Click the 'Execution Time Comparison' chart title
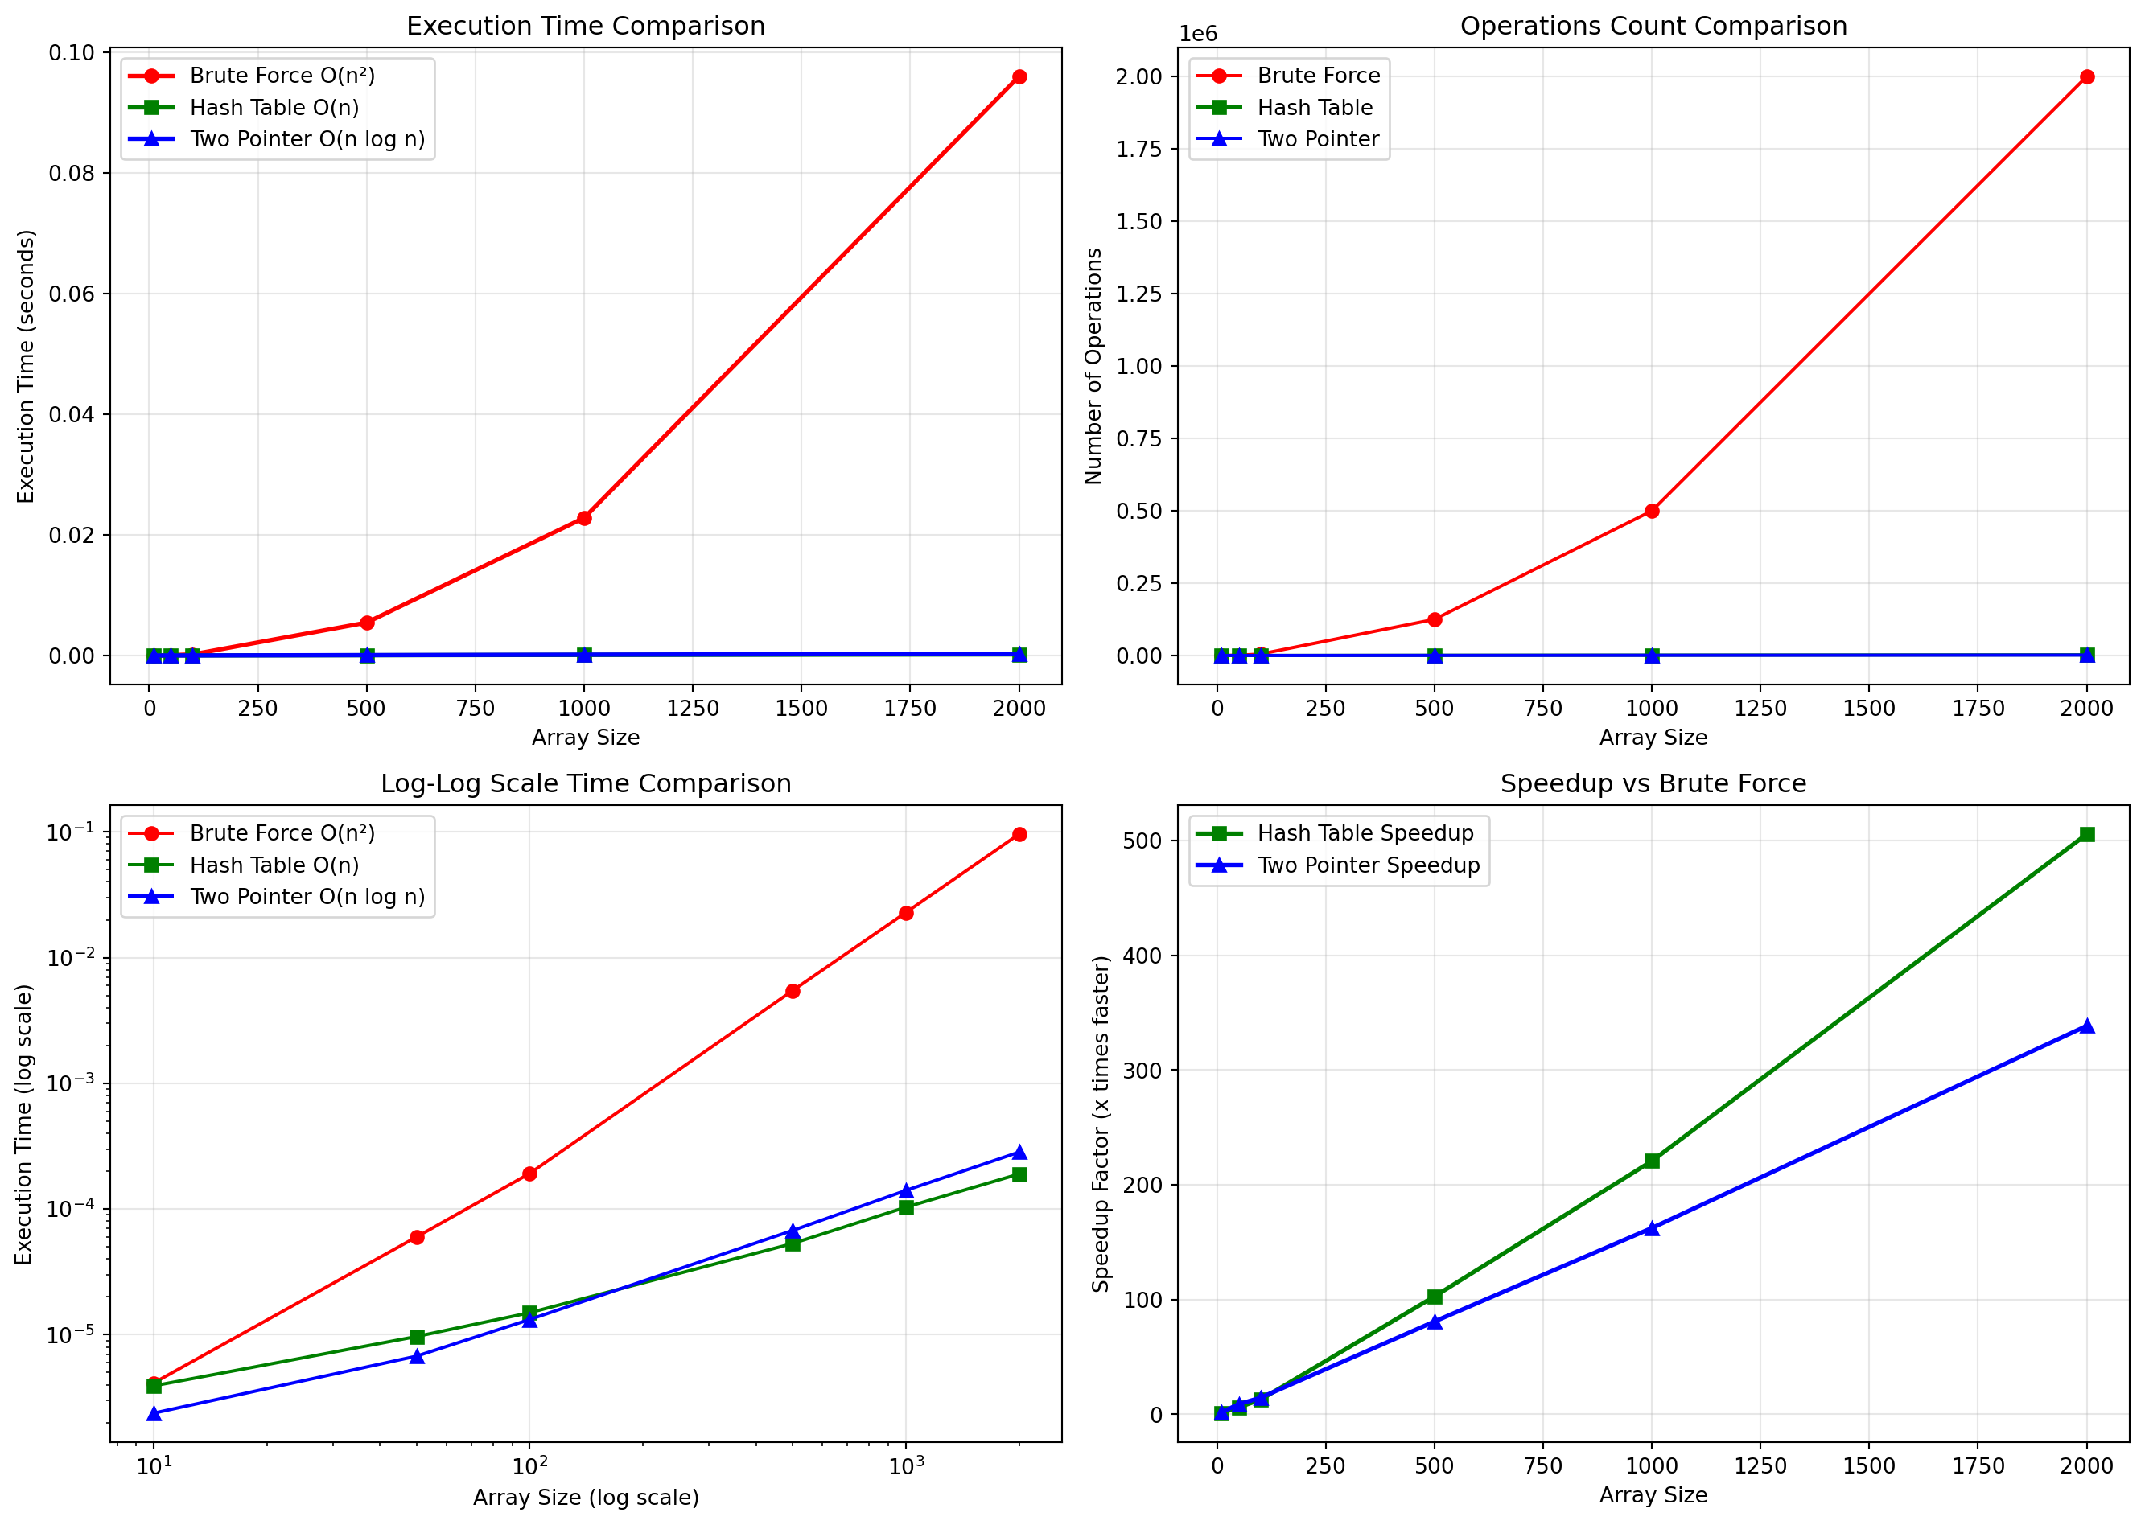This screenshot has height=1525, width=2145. tap(585, 27)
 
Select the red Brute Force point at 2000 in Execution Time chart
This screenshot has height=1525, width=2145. tap(1019, 77)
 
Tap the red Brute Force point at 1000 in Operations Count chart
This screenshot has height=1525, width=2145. tap(1652, 511)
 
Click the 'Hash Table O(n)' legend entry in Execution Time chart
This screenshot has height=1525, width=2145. tap(274, 108)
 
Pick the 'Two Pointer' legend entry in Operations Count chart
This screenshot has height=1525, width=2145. tap(1318, 140)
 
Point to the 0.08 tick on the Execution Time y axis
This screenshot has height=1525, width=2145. tap(72, 174)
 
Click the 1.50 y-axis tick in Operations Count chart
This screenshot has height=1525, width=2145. tap(1138, 222)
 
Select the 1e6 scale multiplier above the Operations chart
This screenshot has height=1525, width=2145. tap(1198, 35)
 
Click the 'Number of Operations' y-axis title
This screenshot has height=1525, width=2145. tap(1093, 366)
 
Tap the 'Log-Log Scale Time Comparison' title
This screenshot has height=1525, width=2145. tap(585, 784)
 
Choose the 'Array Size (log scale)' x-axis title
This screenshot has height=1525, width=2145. tap(585, 1498)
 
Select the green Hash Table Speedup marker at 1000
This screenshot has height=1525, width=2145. tap(1652, 1161)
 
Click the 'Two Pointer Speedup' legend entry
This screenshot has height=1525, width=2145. tap(1368, 865)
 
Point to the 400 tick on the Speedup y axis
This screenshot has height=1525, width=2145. tap(1142, 956)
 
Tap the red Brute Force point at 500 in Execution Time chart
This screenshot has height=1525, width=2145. tap(367, 623)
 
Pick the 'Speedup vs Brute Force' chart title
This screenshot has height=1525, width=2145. tap(1653, 784)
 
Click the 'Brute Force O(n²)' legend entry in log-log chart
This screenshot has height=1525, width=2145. tap(282, 834)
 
